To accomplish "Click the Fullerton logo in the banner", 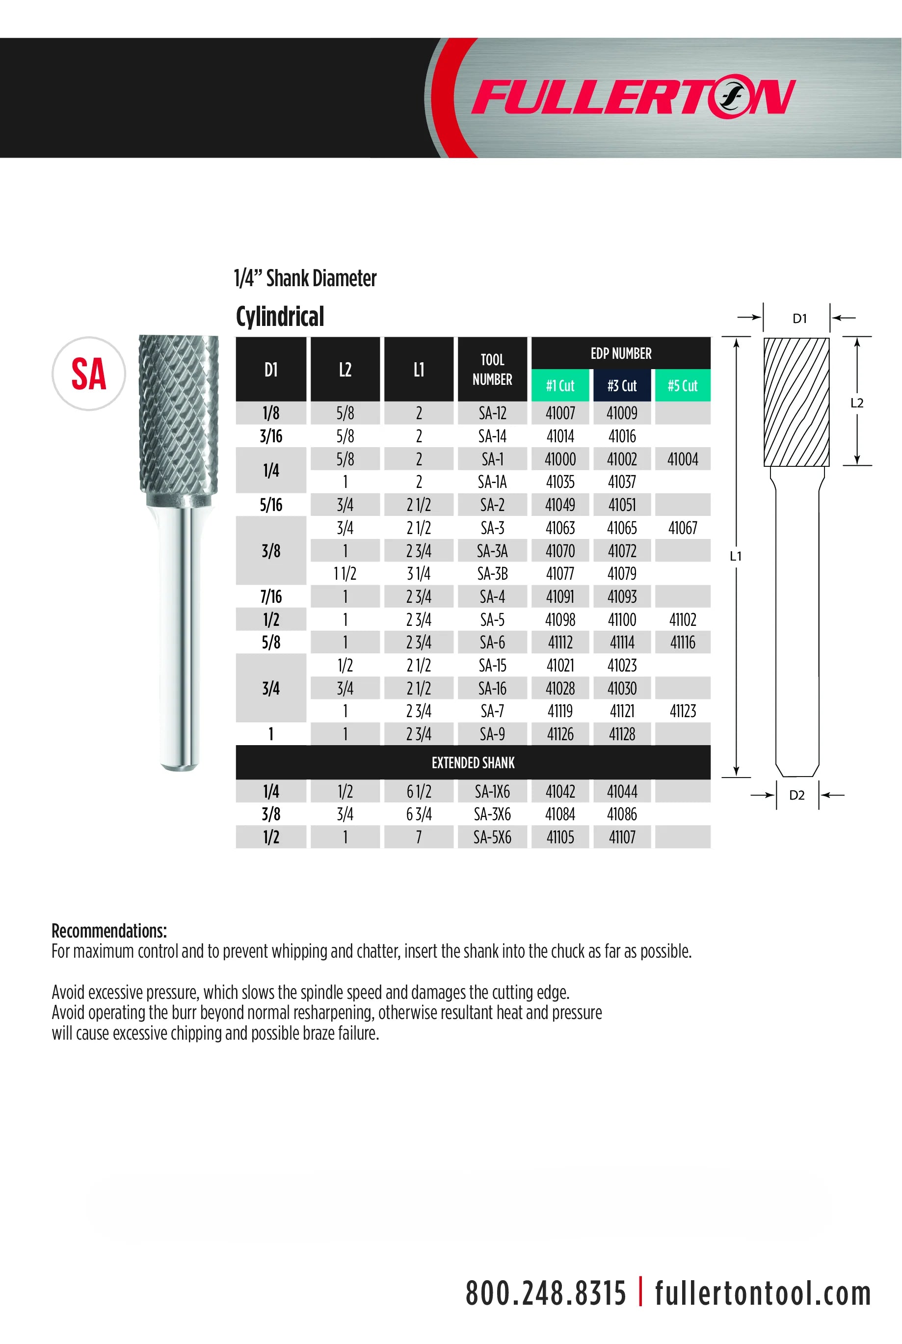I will (x=633, y=97).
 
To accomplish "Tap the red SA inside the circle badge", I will (x=89, y=374).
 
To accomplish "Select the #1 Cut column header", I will (x=560, y=385).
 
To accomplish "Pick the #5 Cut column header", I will (x=682, y=385).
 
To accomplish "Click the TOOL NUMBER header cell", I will (x=492, y=369).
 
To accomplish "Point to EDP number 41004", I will (x=682, y=459).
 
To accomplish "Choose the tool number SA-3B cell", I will (x=492, y=574).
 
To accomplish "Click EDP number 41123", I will (x=682, y=711).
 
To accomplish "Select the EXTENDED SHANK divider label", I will (x=473, y=762).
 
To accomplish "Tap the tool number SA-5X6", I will (x=492, y=837).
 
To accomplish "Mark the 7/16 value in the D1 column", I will (x=271, y=596).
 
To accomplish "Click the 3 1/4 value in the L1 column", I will (x=418, y=574).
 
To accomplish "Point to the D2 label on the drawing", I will (x=796, y=795).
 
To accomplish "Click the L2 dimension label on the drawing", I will (x=856, y=403).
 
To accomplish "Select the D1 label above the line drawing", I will (x=799, y=318).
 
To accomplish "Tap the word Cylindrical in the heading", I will (x=280, y=317).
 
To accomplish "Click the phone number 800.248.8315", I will (x=545, y=1294).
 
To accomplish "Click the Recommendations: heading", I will (x=109, y=931).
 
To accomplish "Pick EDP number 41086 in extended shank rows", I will (x=622, y=814).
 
